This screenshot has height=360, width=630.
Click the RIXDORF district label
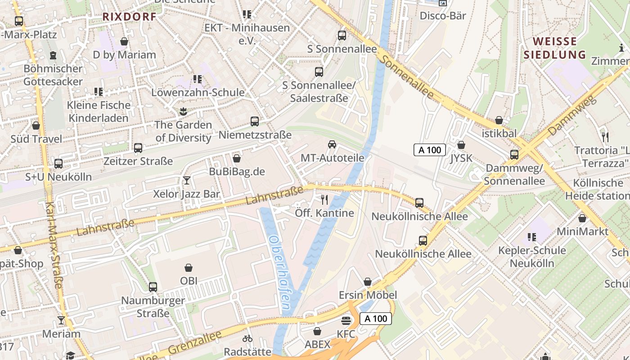[x=130, y=17]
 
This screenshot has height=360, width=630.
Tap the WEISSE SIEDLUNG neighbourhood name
[x=555, y=48]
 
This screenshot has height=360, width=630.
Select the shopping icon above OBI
[x=189, y=268]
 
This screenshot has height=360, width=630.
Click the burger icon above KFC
[x=346, y=320]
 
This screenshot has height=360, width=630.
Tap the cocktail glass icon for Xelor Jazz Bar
[x=187, y=180]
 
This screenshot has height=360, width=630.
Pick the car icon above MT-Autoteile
[x=332, y=144]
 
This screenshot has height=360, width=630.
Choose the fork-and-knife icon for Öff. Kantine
[x=324, y=199]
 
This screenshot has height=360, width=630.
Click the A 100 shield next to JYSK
[x=429, y=150]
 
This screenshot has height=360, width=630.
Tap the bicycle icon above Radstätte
[x=247, y=338]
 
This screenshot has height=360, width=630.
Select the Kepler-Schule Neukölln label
[x=532, y=256]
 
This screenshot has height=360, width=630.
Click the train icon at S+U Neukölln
[x=58, y=164]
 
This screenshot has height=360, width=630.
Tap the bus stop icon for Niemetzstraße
[x=255, y=121]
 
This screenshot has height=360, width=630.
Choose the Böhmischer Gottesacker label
[x=53, y=75]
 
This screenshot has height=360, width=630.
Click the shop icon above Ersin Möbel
[x=368, y=282]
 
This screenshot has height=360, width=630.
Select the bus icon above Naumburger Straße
[x=153, y=287]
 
